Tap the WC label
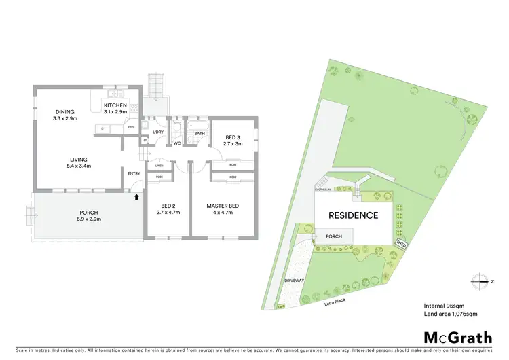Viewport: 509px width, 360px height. tap(176, 143)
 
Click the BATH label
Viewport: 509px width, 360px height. tap(200, 134)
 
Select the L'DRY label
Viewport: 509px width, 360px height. tap(157, 131)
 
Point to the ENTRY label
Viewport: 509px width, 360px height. tap(134, 173)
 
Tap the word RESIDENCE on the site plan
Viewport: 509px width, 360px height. tap(353, 215)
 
